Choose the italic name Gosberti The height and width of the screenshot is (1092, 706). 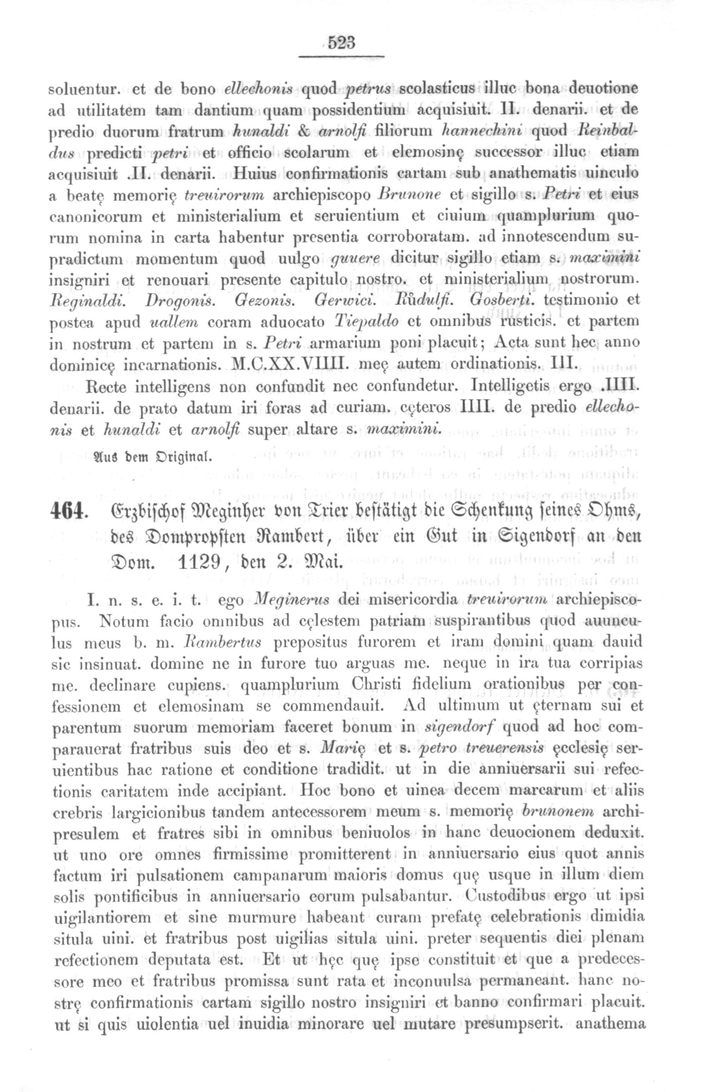503,301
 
